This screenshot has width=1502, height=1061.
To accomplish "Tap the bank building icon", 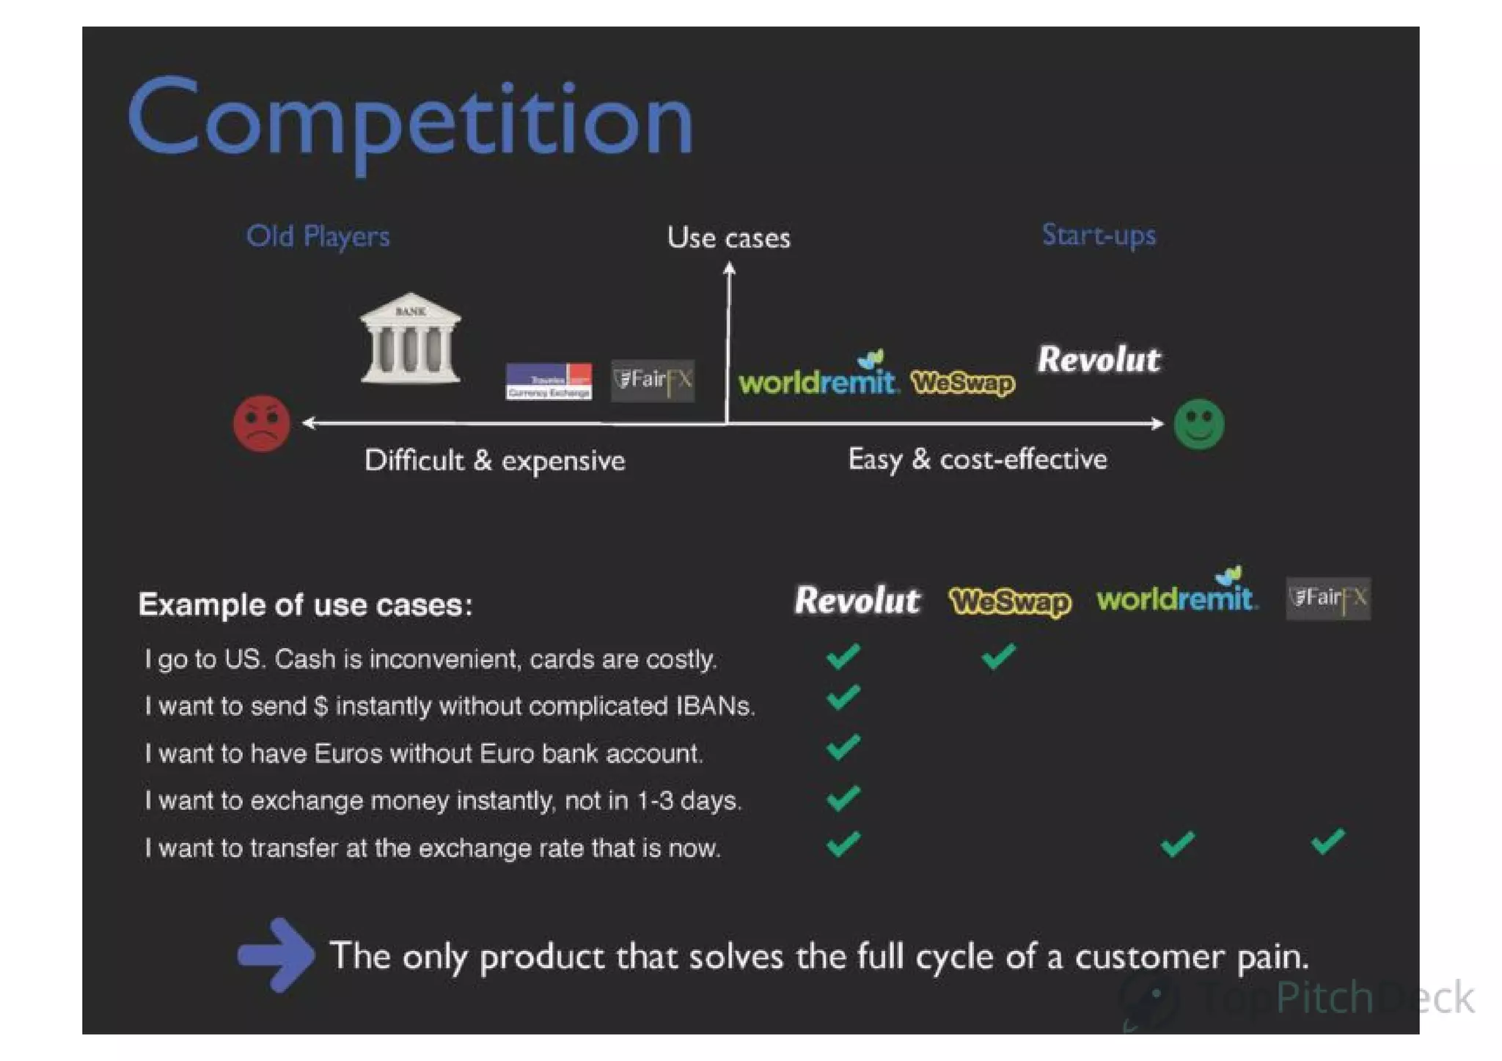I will click(x=410, y=338).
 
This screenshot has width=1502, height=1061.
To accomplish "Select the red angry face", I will click(x=261, y=423).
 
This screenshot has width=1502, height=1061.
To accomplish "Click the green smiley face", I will click(x=1198, y=424).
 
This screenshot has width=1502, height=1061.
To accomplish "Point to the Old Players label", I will click(x=318, y=236).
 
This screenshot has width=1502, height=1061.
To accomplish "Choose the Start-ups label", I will click(x=1098, y=235).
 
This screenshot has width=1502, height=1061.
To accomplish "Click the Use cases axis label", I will click(x=728, y=238).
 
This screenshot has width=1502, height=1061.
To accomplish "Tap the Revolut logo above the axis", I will click(x=1098, y=360).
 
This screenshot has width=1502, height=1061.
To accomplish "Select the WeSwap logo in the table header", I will click(x=1009, y=601).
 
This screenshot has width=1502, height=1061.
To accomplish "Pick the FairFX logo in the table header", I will click(x=1327, y=598).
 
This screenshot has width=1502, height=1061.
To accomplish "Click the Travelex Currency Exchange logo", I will click(x=549, y=381).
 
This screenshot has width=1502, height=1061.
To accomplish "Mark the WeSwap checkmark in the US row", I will click(x=998, y=656).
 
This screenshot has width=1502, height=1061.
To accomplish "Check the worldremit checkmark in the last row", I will click(x=1177, y=843).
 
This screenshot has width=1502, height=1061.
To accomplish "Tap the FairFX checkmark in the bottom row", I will click(x=1327, y=841).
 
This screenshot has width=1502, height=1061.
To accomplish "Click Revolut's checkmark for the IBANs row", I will click(x=843, y=697).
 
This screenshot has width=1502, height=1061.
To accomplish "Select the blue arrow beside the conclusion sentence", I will click(x=276, y=955).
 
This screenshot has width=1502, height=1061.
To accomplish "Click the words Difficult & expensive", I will click(x=494, y=460).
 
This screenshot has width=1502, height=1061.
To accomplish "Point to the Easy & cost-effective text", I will click(x=977, y=459).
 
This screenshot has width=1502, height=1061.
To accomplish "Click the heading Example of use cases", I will click(x=306, y=605).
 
